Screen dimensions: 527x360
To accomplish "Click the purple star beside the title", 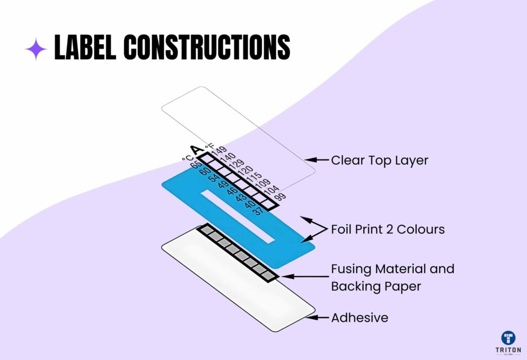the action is pos(37,49).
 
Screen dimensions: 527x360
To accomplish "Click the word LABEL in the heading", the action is pos(85,47).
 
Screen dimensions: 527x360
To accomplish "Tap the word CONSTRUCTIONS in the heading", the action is pos(207,47).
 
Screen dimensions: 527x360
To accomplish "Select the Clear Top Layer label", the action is pos(379,160).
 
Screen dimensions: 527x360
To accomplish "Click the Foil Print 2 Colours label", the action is pos(388,229).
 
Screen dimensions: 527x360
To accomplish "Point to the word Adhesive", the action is pos(360,318).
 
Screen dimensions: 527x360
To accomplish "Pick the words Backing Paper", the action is pos(376,286).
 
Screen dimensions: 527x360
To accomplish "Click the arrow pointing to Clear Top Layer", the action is pos(317,160).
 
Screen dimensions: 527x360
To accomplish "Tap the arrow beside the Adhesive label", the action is pos(317,317).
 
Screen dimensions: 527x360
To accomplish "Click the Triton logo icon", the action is pos(508,338).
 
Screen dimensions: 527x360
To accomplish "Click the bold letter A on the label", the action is pos(197,150).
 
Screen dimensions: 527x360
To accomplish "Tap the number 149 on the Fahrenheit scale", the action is pos(219,150).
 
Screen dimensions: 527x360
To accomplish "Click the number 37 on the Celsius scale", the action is pos(257,211).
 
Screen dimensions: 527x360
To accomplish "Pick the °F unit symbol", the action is pos(209,146).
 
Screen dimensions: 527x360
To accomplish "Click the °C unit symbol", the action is pos(187,158).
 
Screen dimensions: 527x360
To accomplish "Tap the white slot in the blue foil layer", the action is pos(238,217).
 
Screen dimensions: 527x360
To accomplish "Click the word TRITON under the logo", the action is pos(508,350).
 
